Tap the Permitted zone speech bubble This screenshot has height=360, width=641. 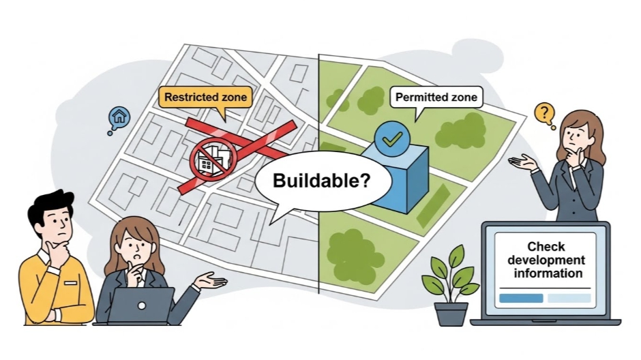tap(436, 97)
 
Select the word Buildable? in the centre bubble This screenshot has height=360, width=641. tap(322, 181)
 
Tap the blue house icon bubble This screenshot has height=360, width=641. tap(119, 117)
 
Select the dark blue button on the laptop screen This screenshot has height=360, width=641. tap(521, 298)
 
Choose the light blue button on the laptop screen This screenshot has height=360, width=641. tap(569, 298)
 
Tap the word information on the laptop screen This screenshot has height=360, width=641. tap(549, 273)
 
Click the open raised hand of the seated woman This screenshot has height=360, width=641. tap(211, 280)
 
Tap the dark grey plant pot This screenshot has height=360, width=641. tap(451, 313)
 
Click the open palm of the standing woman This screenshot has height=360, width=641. tap(522, 161)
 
